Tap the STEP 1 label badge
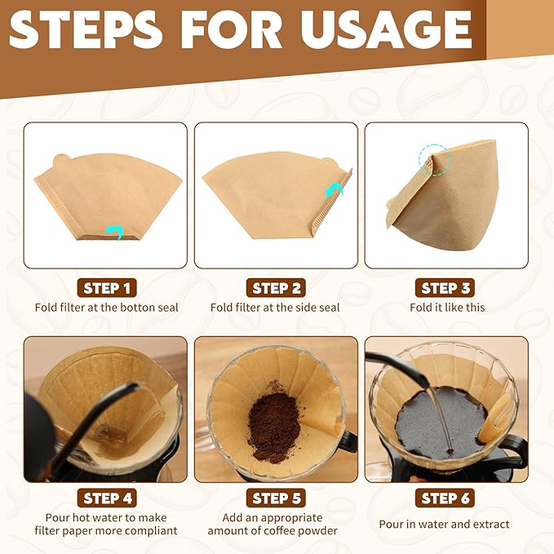click(x=106, y=288)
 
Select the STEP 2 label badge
click(x=276, y=288)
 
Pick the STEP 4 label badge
click(x=106, y=498)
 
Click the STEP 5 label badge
click(x=276, y=498)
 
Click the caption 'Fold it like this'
click(x=446, y=308)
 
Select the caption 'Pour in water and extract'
click(x=444, y=524)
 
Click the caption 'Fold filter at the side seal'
click(x=276, y=308)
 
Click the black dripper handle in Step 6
click(x=513, y=445)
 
